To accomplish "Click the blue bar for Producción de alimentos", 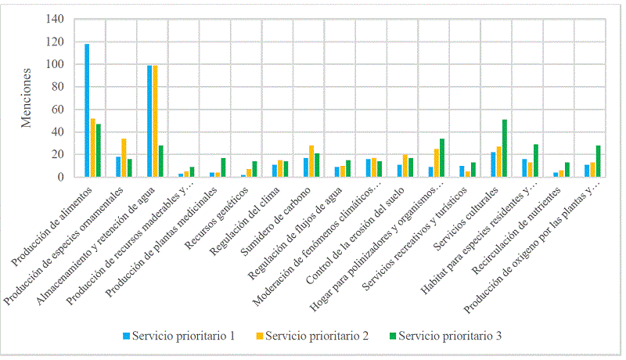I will click(x=87, y=110).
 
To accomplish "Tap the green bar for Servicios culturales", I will click(x=505, y=148).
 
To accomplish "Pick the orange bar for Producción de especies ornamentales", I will click(x=124, y=157).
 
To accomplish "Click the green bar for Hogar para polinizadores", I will click(x=443, y=157).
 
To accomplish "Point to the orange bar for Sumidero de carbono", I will click(x=311, y=161).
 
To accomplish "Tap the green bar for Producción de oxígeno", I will click(x=599, y=161).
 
